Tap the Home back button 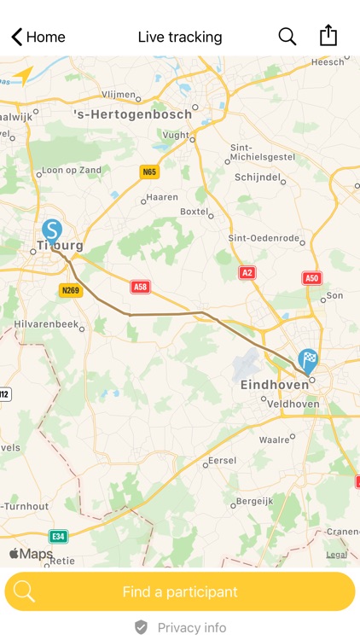(x=38, y=37)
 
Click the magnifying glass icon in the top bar (x=287, y=36)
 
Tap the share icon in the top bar (x=328, y=35)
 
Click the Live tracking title (x=180, y=37)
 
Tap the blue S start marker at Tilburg (x=52, y=231)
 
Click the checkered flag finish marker (x=308, y=361)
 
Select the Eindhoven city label (x=275, y=385)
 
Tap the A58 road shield (x=140, y=288)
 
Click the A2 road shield (x=247, y=272)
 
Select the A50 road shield (x=312, y=278)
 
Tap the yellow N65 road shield (x=150, y=172)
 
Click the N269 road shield (x=70, y=291)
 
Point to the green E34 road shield (x=58, y=536)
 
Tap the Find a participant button (x=180, y=591)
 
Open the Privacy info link (x=180, y=628)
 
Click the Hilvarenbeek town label (x=45, y=324)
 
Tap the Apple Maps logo (x=31, y=554)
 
